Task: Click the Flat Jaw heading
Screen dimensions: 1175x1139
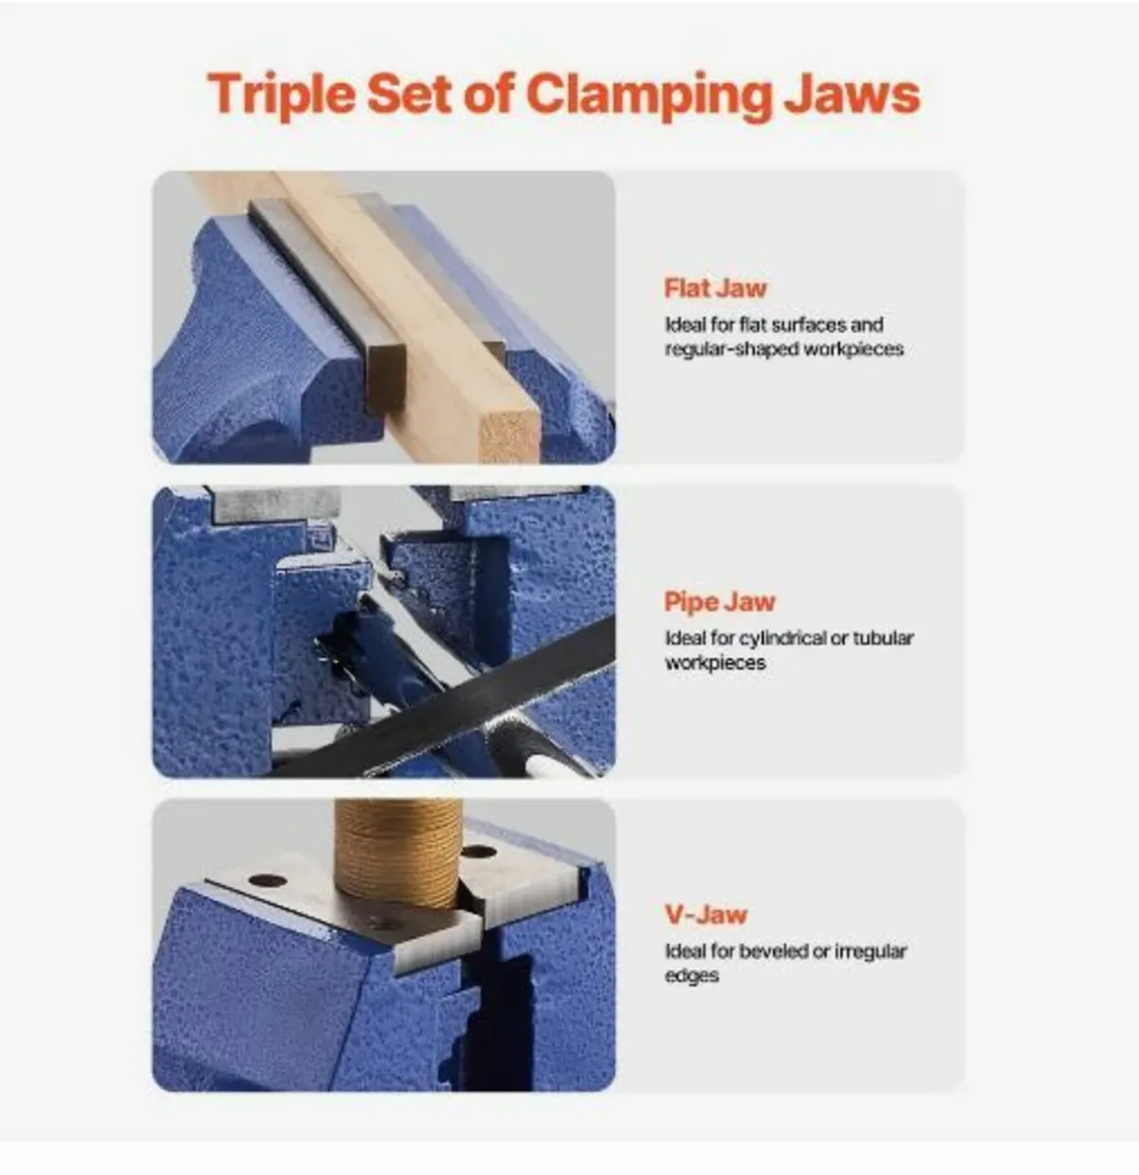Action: pyautogui.click(x=715, y=288)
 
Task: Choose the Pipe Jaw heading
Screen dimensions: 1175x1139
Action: pyautogui.click(x=719, y=601)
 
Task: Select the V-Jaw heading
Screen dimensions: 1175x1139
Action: pyautogui.click(x=705, y=915)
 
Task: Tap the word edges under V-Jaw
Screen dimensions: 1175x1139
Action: pyautogui.click(x=691, y=976)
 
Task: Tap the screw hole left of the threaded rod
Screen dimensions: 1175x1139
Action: pyautogui.click(x=266, y=880)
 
